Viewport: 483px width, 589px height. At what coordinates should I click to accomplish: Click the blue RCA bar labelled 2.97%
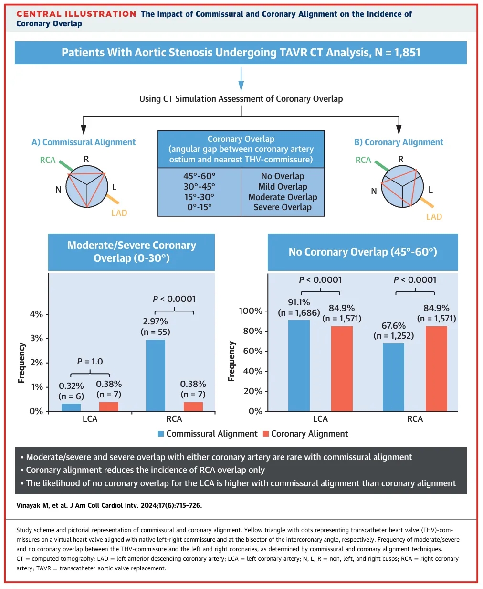coord(156,375)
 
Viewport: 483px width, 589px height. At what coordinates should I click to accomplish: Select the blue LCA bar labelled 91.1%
coord(299,365)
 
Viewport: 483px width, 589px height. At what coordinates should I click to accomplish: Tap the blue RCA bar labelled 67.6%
coord(393,377)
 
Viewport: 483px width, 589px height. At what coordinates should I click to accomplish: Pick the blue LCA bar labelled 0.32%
coord(71,407)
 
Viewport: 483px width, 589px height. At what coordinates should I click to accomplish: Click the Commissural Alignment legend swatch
coord(161,434)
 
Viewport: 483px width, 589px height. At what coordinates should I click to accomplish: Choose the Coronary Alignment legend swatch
coord(266,434)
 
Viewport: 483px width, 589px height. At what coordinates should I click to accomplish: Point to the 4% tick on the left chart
coord(36,314)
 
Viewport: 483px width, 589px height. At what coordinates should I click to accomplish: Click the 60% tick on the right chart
coord(252,351)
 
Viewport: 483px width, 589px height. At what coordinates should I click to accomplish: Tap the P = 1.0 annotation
coord(90,362)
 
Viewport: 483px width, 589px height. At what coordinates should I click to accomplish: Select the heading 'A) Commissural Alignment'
coord(84,142)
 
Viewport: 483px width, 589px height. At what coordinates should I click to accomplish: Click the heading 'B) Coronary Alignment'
coord(399,142)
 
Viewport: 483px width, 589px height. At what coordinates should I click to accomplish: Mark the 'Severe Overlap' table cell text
coord(283,207)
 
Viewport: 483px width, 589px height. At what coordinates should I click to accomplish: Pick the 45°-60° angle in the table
coord(199,176)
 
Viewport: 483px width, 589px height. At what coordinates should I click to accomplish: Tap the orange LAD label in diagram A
coord(119,213)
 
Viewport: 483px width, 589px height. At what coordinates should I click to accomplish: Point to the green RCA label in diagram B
coord(363,160)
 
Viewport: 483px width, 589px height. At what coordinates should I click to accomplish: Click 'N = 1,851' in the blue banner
coord(398,53)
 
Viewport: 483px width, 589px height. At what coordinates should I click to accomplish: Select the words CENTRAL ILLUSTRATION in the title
coord(76,14)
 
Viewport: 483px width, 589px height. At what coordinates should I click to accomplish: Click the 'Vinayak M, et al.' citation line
coord(109,505)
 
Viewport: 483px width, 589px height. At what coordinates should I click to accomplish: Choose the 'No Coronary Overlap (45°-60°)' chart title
coord(363,252)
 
